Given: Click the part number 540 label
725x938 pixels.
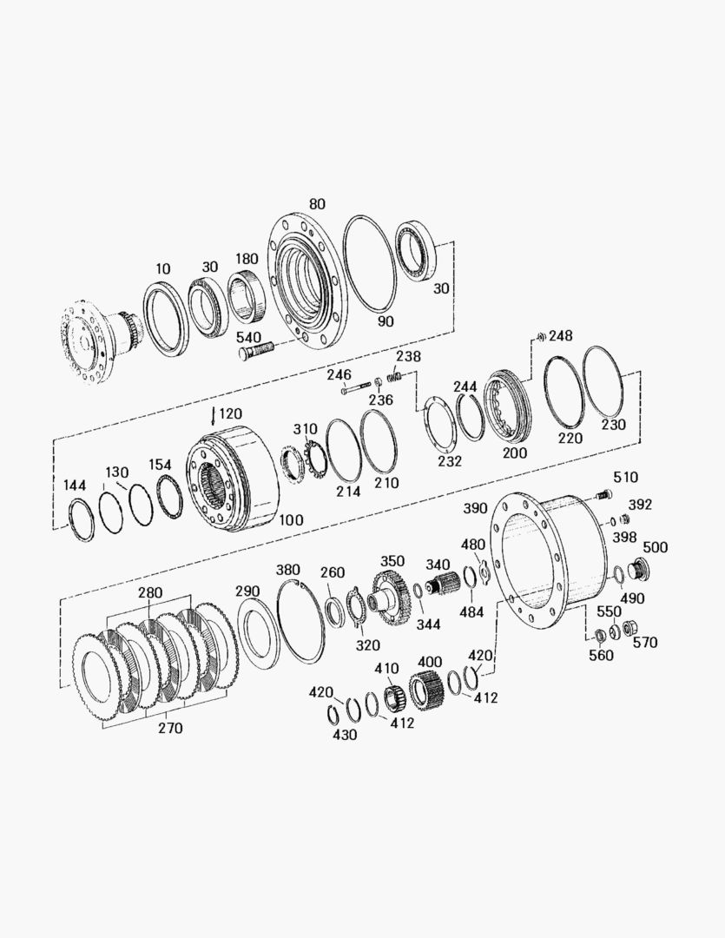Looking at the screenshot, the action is tap(249, 337).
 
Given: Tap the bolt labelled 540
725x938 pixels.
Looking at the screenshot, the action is tap(255, 350).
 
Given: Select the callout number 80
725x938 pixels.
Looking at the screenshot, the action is tap(317, 204).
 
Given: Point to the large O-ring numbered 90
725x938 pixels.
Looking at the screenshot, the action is tap(370, 263).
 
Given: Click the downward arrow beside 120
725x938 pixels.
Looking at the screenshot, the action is tap(213, 416).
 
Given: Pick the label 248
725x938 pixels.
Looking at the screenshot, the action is tap(561, 335).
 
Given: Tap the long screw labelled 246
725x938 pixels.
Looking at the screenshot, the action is tap(357, 389).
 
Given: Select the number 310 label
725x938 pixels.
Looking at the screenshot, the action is tap(305, 429).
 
